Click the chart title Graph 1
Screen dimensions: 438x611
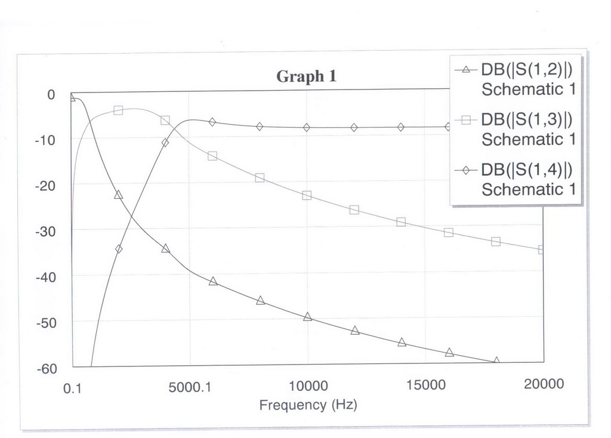point(306,76)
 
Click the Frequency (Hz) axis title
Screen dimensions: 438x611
point(308,405)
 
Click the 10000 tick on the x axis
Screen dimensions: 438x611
point(307,385)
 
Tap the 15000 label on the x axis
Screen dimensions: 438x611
point(425,385)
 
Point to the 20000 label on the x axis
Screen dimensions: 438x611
point(544,384)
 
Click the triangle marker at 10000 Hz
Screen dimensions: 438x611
point(308,316)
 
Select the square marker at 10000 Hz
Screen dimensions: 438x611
point(307,195)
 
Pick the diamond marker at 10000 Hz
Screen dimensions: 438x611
point(307,127)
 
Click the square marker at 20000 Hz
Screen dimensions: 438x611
point(542,249)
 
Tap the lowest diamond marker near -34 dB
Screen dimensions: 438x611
point(119,249)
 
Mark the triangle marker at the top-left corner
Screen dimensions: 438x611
point(72,97)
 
